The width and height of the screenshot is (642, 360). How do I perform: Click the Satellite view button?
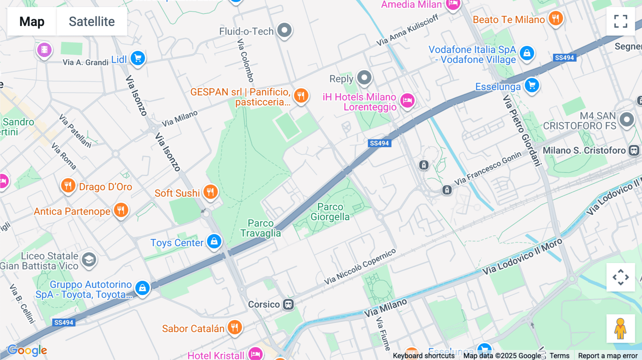[92, 21]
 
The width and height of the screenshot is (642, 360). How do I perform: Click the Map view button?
[32, 21]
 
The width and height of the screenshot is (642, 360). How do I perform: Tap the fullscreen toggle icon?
[621, 21]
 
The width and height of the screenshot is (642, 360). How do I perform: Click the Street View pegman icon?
[620, 328]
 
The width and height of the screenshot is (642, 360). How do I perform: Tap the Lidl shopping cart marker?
[138, 58]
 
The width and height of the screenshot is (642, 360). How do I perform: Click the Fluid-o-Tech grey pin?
[284, 30]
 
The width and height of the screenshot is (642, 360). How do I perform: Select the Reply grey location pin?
[364, 77]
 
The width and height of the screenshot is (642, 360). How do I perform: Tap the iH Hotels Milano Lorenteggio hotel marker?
[407, 101]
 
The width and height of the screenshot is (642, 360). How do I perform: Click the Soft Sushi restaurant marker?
[210, 192]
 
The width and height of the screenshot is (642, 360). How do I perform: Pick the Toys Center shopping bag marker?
[214, 241]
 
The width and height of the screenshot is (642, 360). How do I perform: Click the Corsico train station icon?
[288, 304]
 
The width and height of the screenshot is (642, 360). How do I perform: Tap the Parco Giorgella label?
[330, 212]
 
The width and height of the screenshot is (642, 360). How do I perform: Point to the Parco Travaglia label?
[261, 228]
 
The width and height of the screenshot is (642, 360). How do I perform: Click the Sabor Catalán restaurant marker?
[234, 327]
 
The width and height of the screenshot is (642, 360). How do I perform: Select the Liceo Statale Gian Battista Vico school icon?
[89, 259]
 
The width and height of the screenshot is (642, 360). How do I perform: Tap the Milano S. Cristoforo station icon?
[633, 150]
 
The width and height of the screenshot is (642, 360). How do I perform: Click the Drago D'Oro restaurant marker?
[68, 185]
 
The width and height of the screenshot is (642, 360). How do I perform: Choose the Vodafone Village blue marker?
[527, 53]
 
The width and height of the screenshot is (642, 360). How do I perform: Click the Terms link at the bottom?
[559, 356]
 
